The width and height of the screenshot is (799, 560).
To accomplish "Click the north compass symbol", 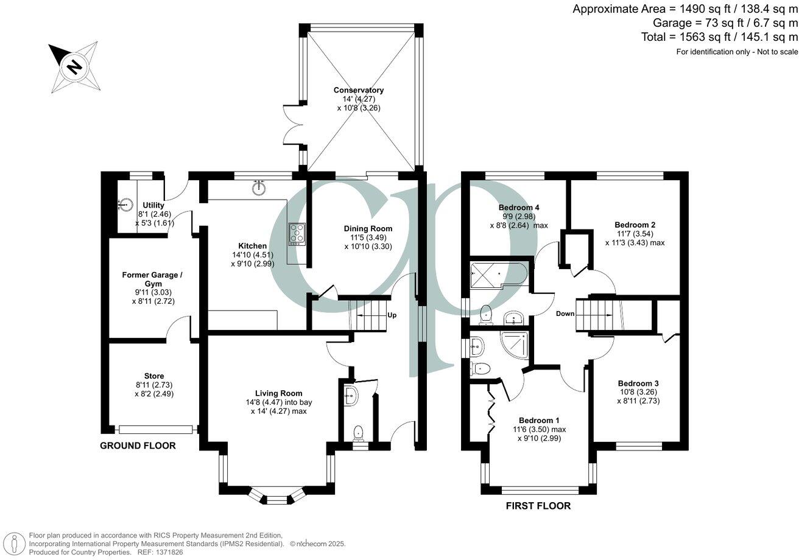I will [74, 66].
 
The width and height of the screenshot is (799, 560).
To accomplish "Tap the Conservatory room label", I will [359, 90].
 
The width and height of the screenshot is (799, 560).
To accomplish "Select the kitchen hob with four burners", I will [297, 234].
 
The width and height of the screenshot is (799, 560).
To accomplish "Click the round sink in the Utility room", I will [126, 205].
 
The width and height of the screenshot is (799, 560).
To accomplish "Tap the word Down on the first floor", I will [565, 314].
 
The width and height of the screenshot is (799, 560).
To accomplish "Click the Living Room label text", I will [279, 393].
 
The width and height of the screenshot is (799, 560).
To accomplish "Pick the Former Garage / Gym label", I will [152, 279].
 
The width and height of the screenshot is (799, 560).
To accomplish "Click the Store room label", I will [154, 376].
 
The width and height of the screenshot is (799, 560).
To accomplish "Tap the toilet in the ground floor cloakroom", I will [359, 433].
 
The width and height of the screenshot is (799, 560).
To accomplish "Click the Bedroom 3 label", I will [638, 383].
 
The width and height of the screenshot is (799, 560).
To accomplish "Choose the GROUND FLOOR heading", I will [138, 446].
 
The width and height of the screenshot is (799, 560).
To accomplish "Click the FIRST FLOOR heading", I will [538, 506].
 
